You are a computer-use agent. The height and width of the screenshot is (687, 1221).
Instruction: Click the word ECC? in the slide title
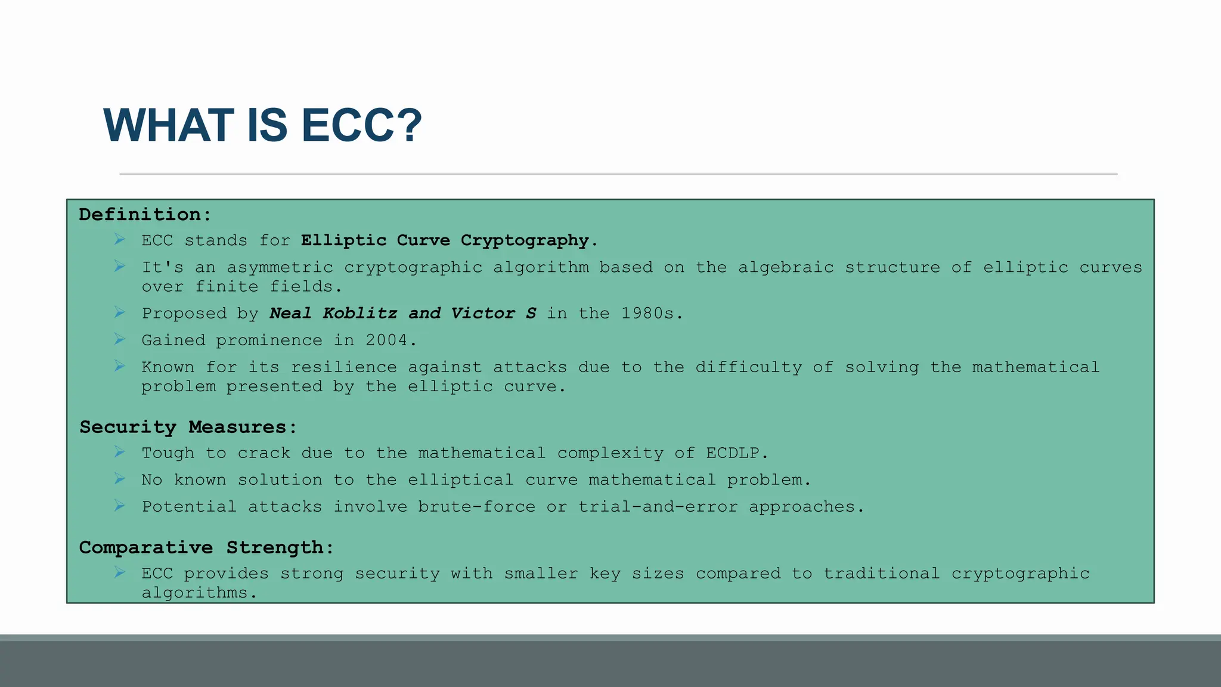pos(361,126)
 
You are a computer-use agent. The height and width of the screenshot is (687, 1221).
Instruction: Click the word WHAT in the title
pos(169,126)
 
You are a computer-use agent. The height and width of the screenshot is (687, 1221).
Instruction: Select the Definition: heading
pos(145,215)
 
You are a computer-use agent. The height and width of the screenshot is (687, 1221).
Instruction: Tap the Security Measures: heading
pos(188,427)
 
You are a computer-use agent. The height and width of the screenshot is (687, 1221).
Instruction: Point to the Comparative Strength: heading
pos(206,547)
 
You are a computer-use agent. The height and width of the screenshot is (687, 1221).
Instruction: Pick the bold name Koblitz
pos(360,314)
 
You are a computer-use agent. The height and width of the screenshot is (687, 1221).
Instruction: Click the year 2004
pos(391,341)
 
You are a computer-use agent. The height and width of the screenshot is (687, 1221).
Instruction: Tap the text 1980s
pos(651,314)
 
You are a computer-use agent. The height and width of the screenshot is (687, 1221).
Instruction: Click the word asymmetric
pos(280,268)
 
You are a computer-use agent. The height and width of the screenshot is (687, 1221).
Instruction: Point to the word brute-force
pos(476,507)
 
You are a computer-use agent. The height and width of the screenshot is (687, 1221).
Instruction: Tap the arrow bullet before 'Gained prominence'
pos(120,339)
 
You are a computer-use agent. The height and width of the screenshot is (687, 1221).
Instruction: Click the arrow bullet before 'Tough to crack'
pos(120,452)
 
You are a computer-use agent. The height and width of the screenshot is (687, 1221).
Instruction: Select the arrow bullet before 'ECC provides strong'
pos(120,572)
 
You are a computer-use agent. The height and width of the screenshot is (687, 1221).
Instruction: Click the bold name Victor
pos(483,314)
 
